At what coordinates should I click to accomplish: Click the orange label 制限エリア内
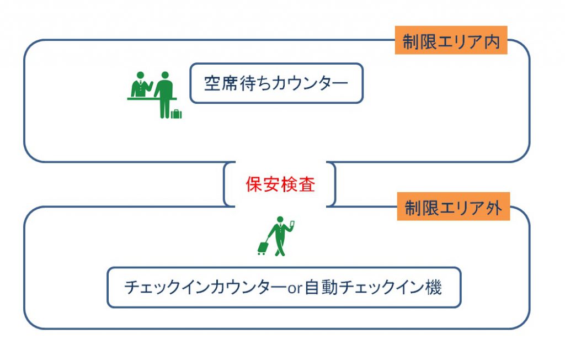coord(451,42)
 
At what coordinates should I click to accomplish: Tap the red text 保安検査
coord(280,184)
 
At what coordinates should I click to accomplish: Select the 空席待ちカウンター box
coord(276,83)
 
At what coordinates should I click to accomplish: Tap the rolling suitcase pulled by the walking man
coord(263,247)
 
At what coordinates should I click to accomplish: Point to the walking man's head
coord(280,220)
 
